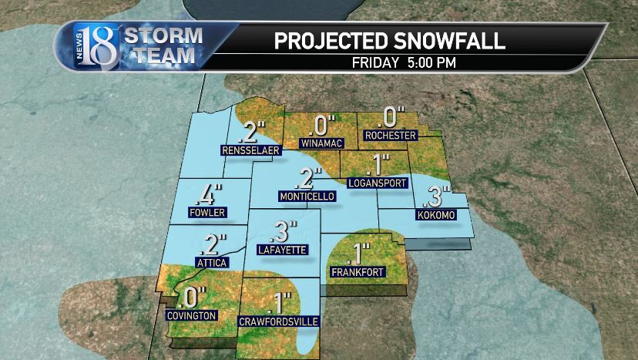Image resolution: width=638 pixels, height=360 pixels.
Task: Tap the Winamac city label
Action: click(x=319, y=143)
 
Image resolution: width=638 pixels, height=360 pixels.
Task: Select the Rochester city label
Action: click(x=391, y=136)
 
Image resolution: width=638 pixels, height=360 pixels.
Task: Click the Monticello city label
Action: click(x=307, y=197)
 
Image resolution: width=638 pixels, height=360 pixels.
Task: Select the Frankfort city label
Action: click(x=357, y=272)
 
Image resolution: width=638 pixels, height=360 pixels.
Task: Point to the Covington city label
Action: click(x=192, y=315)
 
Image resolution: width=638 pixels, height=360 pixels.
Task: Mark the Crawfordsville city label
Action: click(x=278, y=321)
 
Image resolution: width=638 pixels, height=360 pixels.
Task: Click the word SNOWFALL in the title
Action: click(x=449, y=41)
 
